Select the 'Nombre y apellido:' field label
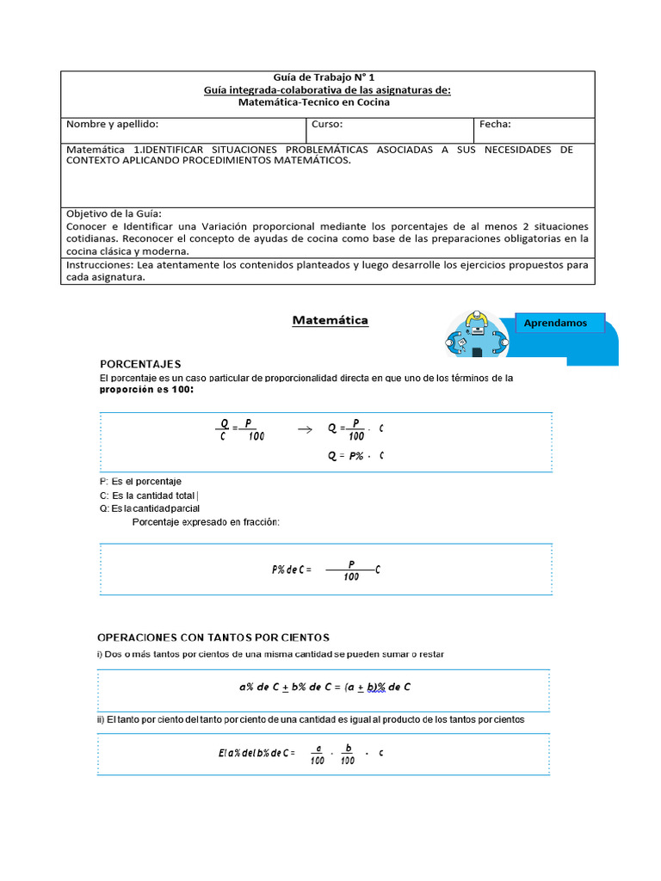[112, 125]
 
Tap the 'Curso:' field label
[327, 125]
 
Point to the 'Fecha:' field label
[496, 125]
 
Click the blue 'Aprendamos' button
[556, 323]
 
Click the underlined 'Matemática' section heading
[330, 321]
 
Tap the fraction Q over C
[224, 429]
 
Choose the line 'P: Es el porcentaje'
[140, 481]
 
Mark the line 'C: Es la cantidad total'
[149, 495]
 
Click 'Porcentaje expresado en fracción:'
[206, 522]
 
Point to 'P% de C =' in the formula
[291, 570]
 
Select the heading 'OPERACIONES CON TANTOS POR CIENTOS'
[213, 638]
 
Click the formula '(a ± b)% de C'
[377, 687]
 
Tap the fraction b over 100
[348, 755]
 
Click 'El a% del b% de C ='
[256, 754]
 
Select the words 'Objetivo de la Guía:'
[114, 213]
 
